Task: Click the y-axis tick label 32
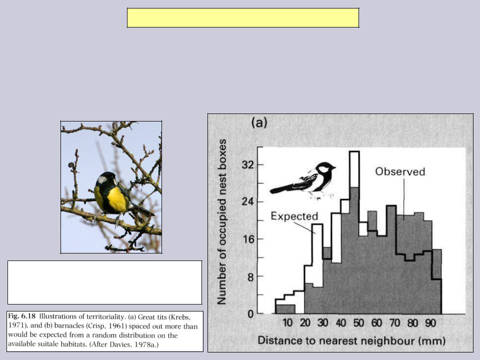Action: [x=248, y=165]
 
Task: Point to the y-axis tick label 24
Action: [x=248, y=202]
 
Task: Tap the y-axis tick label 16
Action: [x=248, y=239]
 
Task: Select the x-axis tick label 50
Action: [x=358, y=323]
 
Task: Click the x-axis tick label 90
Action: [x=430, y=323]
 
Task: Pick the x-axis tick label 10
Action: [x=287, y=323]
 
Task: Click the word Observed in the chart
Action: [x=400, y=171]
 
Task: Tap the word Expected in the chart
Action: [x=294, y=216]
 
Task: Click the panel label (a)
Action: [x=259, y=123]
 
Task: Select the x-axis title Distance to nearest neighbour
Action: [x=336, y=340]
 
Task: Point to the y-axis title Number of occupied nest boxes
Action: [x=221, y=222]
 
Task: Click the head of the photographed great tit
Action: [x=105, y=179]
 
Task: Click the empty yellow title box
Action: [x=243, y=18]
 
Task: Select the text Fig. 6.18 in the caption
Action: [x=21, y=316]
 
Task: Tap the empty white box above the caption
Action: [x=104, y=282]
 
